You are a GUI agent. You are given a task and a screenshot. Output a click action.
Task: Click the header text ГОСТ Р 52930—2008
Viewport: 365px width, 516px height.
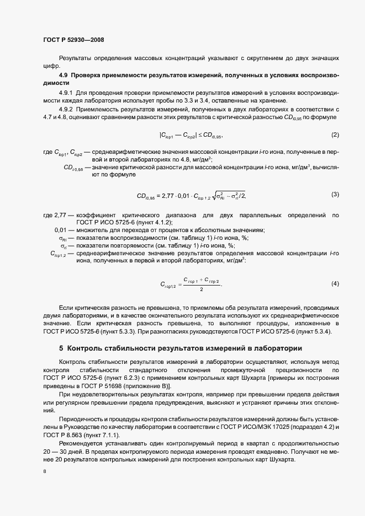pyautogui.click(x=73, y=40)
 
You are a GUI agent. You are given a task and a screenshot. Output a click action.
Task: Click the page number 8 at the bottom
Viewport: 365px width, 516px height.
pyautogui.click(x=44, y=471)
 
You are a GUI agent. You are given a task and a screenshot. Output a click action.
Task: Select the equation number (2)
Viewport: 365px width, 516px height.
pyautogui.click(x=335, y=135)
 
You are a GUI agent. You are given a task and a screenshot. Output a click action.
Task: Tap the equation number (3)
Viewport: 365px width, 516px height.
pyautogui.click(x=335, y=194)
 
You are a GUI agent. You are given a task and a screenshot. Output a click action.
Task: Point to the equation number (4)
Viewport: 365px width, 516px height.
pyautogui.click(x=335, y=283)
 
